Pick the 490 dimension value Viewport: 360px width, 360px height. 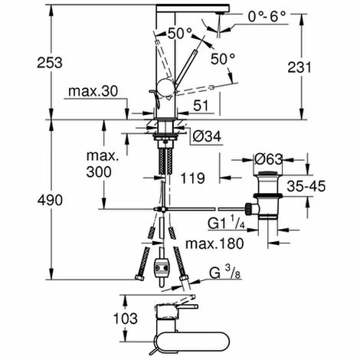pos(50,199)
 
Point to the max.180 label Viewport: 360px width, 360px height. pos(214,244)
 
